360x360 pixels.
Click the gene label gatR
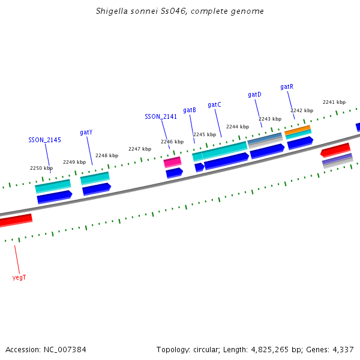tap(287, 87)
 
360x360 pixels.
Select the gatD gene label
tap(254, 95)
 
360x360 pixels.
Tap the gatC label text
tap(214, 105)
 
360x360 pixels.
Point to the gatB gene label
tap(190, 110)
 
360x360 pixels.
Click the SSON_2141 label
tap(161, 117)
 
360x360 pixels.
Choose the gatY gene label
tap(86, 133)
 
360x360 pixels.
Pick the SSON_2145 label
tap(44, 140)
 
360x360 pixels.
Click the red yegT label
tap(19, 278)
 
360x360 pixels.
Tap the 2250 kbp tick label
tap(41, 169)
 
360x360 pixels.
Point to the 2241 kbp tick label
tap(334, 102)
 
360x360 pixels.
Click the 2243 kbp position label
tap(269, 119)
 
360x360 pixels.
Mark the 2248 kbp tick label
tap(106, 155)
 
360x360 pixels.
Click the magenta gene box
tap(172, 162)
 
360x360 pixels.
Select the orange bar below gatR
tap(298, 129)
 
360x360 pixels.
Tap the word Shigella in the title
tap(112, 11)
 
